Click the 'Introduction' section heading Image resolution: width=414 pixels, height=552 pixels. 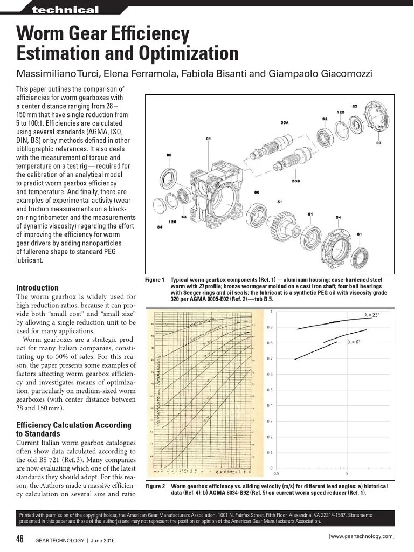(37, 288)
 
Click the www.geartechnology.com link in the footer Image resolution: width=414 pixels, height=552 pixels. (361, 536)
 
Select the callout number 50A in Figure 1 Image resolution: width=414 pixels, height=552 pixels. (284, 123)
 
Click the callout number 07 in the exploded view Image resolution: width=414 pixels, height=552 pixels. (378, 143)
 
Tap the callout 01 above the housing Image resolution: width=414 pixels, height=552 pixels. (208, 139)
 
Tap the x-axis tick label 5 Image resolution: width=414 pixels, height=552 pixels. (347, 474)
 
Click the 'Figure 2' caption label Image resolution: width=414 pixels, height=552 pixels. (155, 486)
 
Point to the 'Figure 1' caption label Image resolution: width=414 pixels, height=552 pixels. (155, 280)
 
